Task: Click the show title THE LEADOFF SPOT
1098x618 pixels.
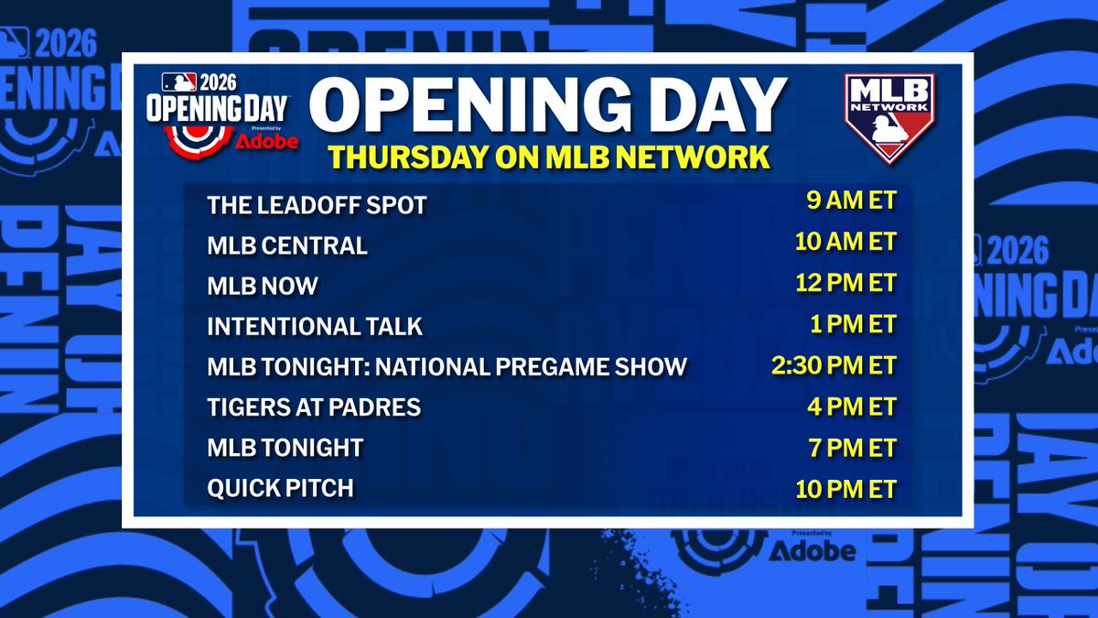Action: click(317, 206)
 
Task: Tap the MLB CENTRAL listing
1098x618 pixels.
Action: click(287, 246)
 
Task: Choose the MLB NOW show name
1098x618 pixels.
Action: click(263, 286)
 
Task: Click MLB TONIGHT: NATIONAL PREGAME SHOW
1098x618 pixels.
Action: click(447, 367)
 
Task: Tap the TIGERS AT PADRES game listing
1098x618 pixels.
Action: click(314, 407)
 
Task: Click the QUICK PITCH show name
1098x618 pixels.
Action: click(280, 488)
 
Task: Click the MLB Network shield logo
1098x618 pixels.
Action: click(888, 117)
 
